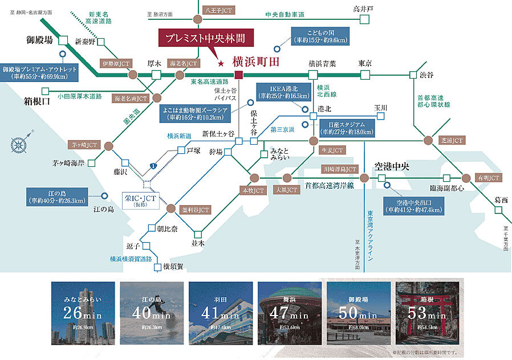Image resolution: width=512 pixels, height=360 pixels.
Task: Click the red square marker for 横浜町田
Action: tap(239, 75)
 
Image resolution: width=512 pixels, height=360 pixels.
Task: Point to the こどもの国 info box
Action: tap(320, 36)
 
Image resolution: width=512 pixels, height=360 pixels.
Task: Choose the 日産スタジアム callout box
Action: tap(347, 128)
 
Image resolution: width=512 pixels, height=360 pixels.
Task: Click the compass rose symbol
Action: tap(18, 140)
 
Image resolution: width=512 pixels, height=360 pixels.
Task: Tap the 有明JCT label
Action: tap(489, 178)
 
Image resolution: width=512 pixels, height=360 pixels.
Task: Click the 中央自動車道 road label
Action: tap(285, 14)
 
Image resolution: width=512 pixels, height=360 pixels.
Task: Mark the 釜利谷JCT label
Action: tap(196, 210)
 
